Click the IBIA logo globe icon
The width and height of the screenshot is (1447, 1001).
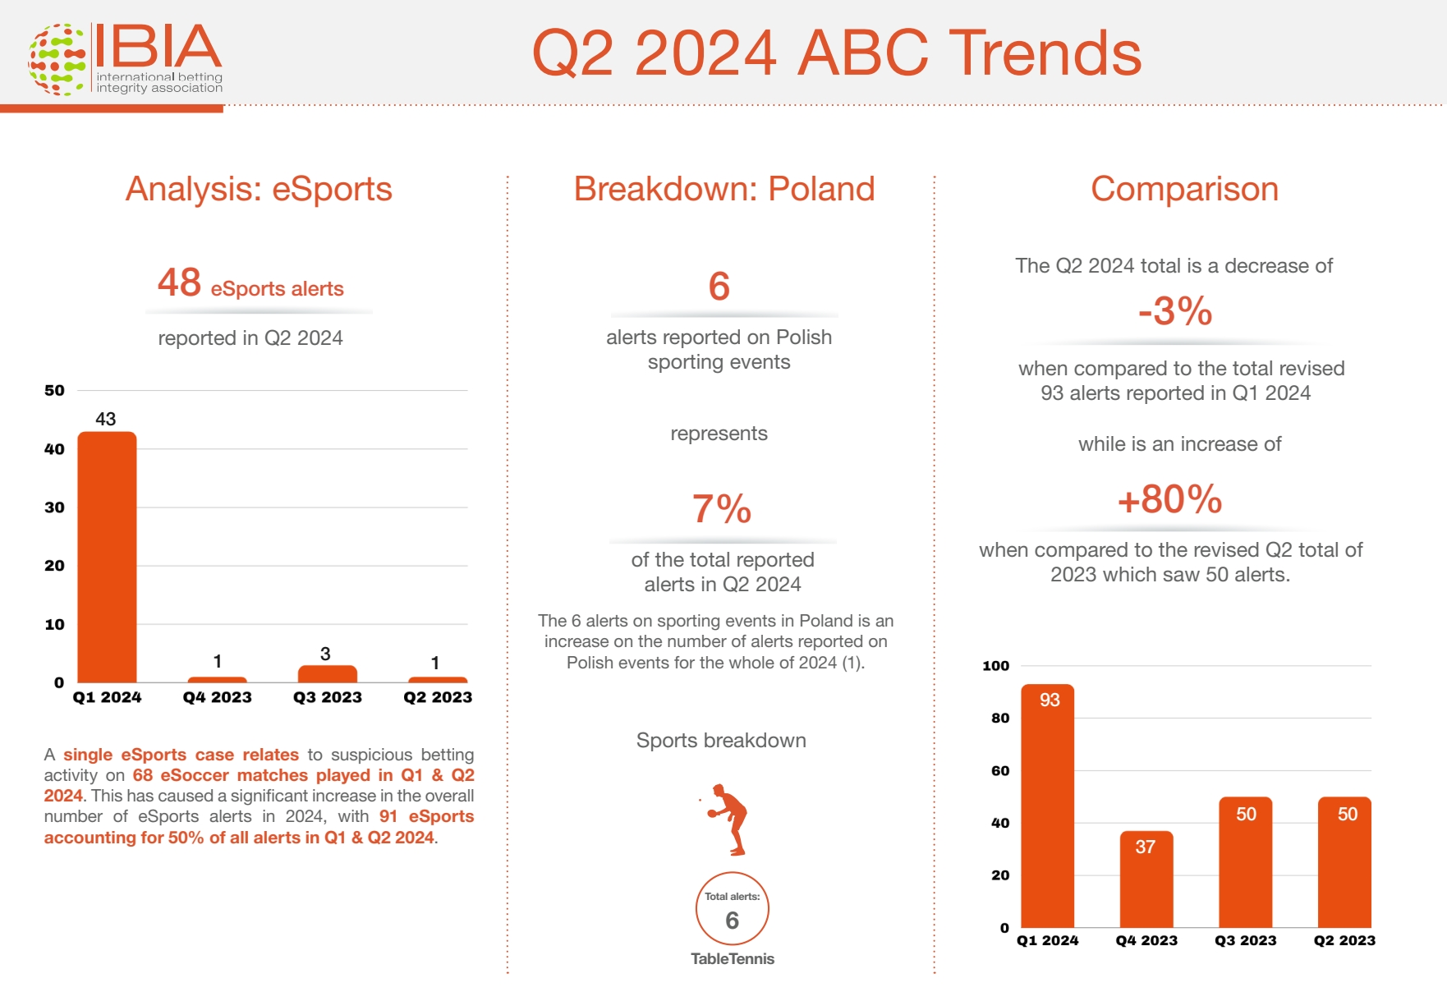(x=57, y=59)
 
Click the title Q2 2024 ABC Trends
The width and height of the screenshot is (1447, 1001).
(x=837, y=53)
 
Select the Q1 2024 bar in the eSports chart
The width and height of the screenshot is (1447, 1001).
(x=107, y=557)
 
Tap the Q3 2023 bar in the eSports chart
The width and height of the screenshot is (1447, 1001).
(x=327, y=673)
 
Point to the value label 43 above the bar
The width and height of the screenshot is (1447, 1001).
(x=106, y=419)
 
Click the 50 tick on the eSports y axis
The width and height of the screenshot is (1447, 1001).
(x=54, y=390)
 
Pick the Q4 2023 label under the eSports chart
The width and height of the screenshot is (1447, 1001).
(x=217, y=697)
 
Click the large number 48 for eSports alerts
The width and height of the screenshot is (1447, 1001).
(x=179, y=282)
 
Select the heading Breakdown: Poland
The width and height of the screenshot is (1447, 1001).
(x=724, y=189)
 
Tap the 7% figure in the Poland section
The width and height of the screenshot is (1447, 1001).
(x=722, y=508)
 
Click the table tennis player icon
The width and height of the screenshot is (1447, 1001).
(x=725, y=820)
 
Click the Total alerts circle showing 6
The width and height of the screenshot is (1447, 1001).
(x=733, y=909)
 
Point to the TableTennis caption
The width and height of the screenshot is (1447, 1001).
(x=733, y=958)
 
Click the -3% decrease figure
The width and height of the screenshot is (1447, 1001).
(x=1175, y=311)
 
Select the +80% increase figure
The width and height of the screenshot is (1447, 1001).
(x=1170, y=499)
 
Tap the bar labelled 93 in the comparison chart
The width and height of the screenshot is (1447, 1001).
(x=1048, y=806)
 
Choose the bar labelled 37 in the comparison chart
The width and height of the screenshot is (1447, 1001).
(x=1146, y=879)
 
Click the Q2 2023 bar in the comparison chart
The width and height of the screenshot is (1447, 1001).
(x=1344, y=862)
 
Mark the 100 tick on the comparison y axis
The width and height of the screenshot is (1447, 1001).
(x=996, y=666)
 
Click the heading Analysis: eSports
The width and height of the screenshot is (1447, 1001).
(x=259, y=189)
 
